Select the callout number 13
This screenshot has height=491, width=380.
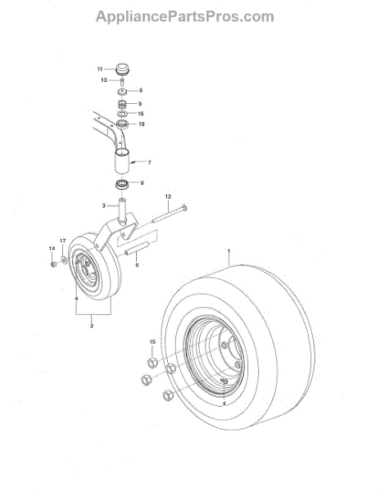tap(104, 80)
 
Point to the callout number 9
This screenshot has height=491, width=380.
tap(140, 103)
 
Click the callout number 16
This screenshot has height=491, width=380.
tap(140, 114)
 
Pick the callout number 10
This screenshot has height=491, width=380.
tap(140, 124)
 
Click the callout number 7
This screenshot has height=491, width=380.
tap(150, 162)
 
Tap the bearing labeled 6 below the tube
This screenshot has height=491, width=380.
tap(121, 182)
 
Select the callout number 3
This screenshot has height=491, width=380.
tap(104, 205)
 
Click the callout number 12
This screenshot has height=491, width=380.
tap(167, 197)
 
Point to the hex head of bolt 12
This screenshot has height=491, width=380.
tap(185, 209)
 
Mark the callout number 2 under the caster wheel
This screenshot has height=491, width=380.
tap(92, 326)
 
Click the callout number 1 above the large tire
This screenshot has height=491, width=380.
tap(229, 250)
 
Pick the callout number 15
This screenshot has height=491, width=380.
tap(152, 341)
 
